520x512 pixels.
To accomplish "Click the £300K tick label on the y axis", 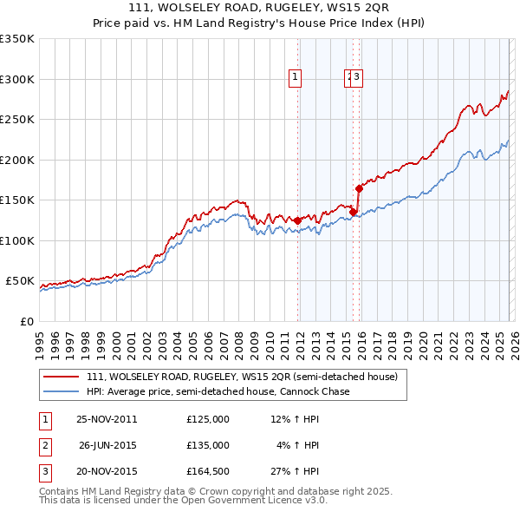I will point(17,79).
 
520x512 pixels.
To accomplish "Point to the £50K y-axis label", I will point(20,281).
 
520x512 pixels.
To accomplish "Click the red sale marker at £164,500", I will point(359,187).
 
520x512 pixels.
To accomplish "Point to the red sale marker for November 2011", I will point(298,220).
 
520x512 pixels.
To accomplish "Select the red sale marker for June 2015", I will point(353,212).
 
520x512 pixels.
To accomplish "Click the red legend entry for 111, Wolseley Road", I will point(241,377).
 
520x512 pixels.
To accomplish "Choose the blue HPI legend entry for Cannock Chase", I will point(217,391).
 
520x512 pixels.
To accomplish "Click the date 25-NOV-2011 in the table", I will point(107,419).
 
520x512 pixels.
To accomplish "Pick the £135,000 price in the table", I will point(207,445).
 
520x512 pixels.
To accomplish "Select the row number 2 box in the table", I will point(44,445).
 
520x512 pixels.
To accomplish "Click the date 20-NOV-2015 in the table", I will point(107,471).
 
